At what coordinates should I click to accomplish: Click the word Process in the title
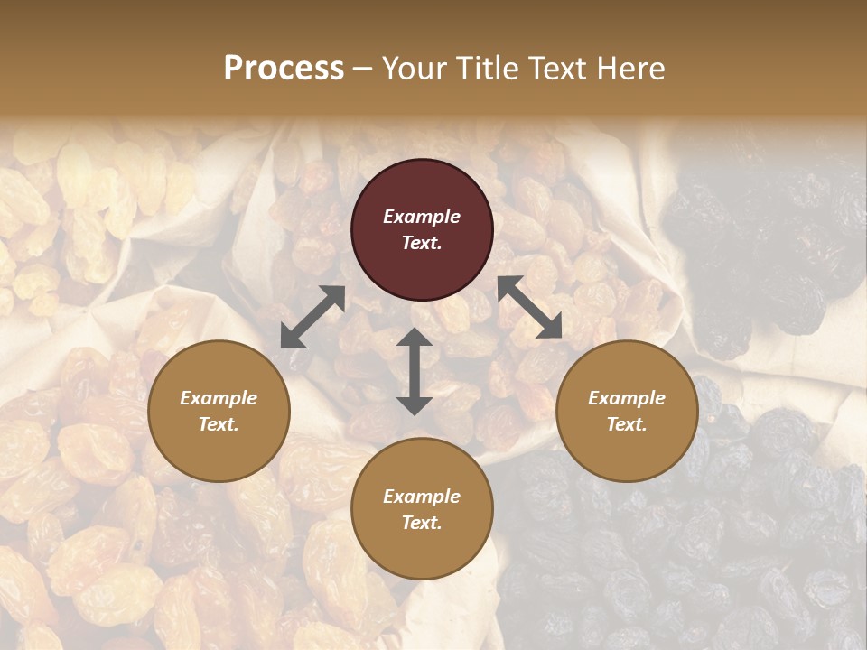click(284, 69)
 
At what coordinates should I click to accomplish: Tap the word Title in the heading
click(485, 69)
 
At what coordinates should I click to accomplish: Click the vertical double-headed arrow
click(415, 371)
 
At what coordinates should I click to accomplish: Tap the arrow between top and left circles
click(312, 317)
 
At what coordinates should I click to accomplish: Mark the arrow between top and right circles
click(530, 307)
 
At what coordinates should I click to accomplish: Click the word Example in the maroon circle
click(422, 217)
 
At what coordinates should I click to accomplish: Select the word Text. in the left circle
click(219, 424)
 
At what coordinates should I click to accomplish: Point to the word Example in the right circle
click(627, 398)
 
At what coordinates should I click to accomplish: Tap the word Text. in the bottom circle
click(422, 523)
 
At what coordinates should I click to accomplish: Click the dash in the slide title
click(362, 69)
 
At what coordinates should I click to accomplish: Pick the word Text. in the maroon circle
click(422, 243)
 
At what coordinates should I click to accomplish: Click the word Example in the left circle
click(219, 398)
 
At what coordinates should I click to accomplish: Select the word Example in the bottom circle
click(422, 497)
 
